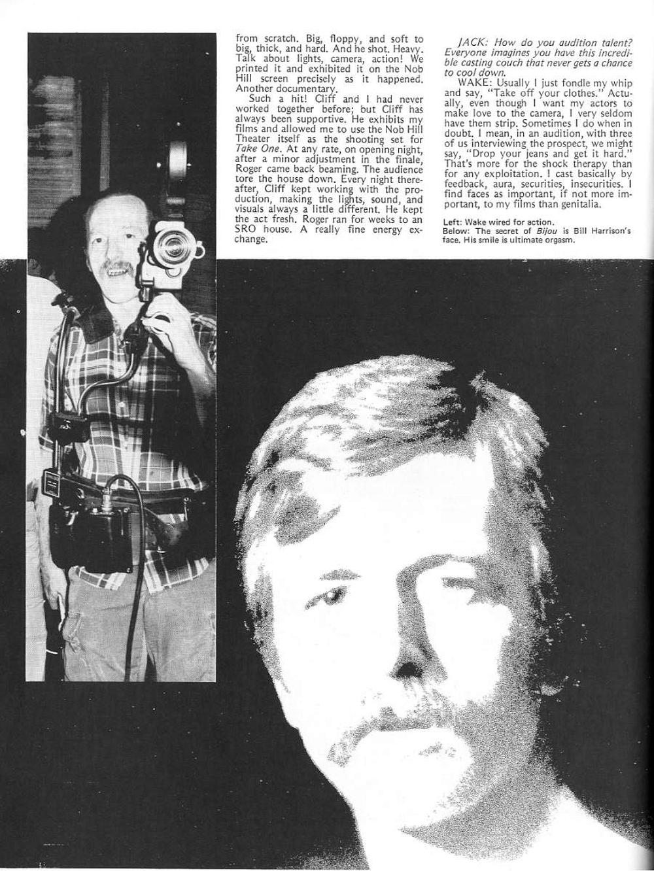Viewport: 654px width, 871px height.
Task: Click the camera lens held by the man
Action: point(174,248)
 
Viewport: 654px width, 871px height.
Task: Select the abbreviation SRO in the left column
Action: point(246,229)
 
